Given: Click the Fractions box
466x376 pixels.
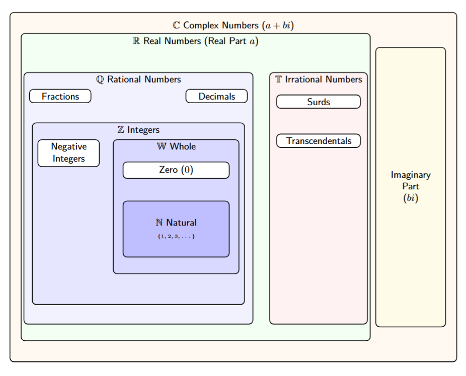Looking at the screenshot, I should [60, 96].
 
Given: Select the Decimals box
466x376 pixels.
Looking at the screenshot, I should [216, 96].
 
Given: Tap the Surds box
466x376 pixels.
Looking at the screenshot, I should [319, 102].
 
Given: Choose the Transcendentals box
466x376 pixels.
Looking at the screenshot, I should [319, 141].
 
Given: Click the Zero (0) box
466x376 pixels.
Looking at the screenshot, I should [176, 170].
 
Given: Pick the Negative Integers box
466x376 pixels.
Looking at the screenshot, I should [68, 153].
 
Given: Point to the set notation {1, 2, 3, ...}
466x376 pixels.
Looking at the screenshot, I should [176, 236].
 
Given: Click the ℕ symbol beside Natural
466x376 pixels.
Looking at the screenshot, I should [160, 222].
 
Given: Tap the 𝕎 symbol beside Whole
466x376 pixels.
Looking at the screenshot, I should [162, 146].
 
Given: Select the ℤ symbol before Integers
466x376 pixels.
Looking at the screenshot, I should [121, 130].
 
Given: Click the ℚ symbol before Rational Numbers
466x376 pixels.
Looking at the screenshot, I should [100, 80].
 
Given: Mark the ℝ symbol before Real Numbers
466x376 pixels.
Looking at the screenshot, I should [136, 41].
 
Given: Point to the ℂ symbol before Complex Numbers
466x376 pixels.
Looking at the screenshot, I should [176, 25].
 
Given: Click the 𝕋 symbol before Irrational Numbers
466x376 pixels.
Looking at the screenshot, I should [279, 80].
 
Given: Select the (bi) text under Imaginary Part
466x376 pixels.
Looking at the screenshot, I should [411, 198].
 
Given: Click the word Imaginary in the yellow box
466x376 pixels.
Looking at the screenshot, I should [411, 175].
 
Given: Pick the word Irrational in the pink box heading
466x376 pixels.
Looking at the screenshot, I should [304, 80].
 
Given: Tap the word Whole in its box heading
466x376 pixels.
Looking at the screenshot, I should [183, 146].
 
